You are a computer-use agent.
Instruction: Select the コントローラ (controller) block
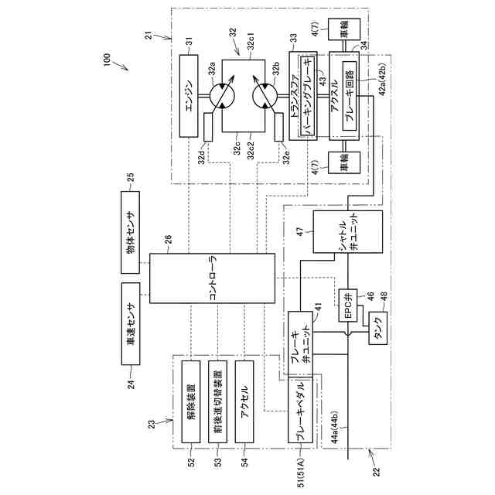(x=213, y=278)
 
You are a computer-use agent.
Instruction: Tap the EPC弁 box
(x=349, y=304)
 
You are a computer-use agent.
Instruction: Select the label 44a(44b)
(x=340, y=425)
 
